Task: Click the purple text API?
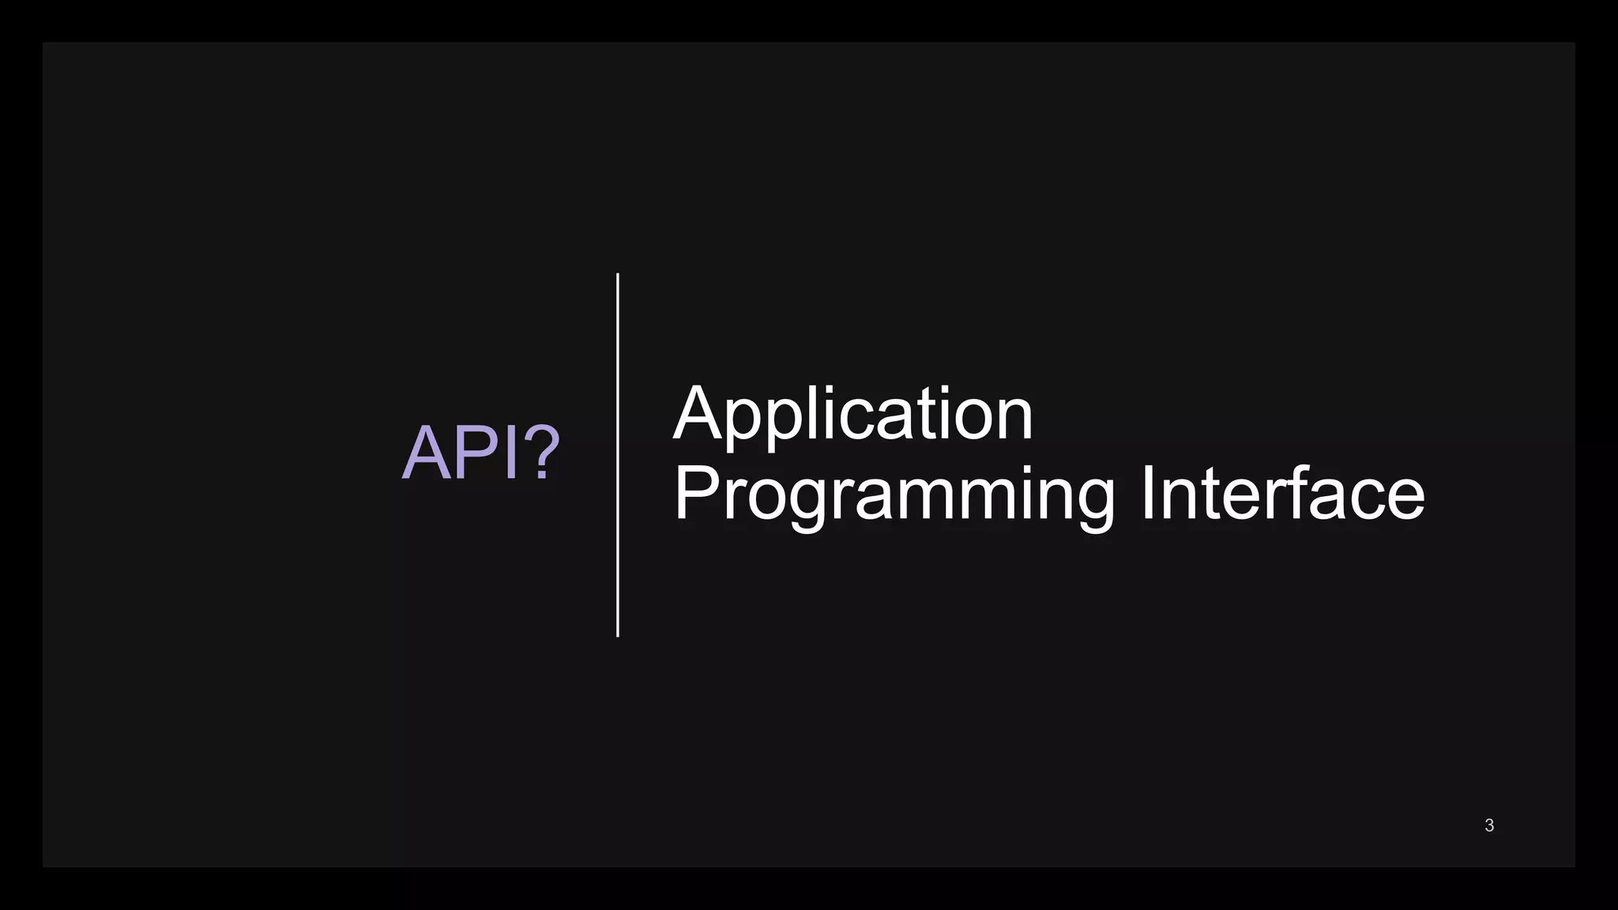[480, 453]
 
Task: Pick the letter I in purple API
[510, 453]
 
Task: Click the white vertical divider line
[618, 455]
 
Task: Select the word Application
[852, 414]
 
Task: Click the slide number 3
[1489, 825]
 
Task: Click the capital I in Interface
[1148, 493]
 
